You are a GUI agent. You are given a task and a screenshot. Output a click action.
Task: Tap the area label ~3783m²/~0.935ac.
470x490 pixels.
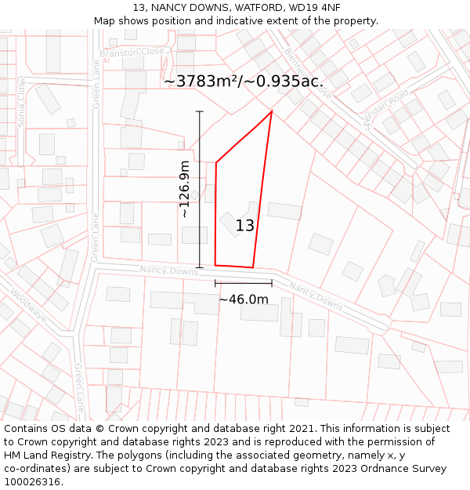[x=244, y=81]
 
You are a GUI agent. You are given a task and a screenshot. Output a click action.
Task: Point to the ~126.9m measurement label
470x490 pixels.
[x=184, y=189]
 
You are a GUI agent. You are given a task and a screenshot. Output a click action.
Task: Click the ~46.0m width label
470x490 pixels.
[x=243, y=299]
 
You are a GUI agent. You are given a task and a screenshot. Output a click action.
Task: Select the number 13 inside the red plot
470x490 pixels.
[x=244, y=226]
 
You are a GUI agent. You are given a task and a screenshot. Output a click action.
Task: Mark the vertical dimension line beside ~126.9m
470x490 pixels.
[x=200, y=189]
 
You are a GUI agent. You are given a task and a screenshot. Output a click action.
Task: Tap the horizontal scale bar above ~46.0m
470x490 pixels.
[x=243, y=282]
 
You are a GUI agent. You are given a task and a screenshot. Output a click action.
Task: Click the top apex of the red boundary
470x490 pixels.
[x=271, y=112]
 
